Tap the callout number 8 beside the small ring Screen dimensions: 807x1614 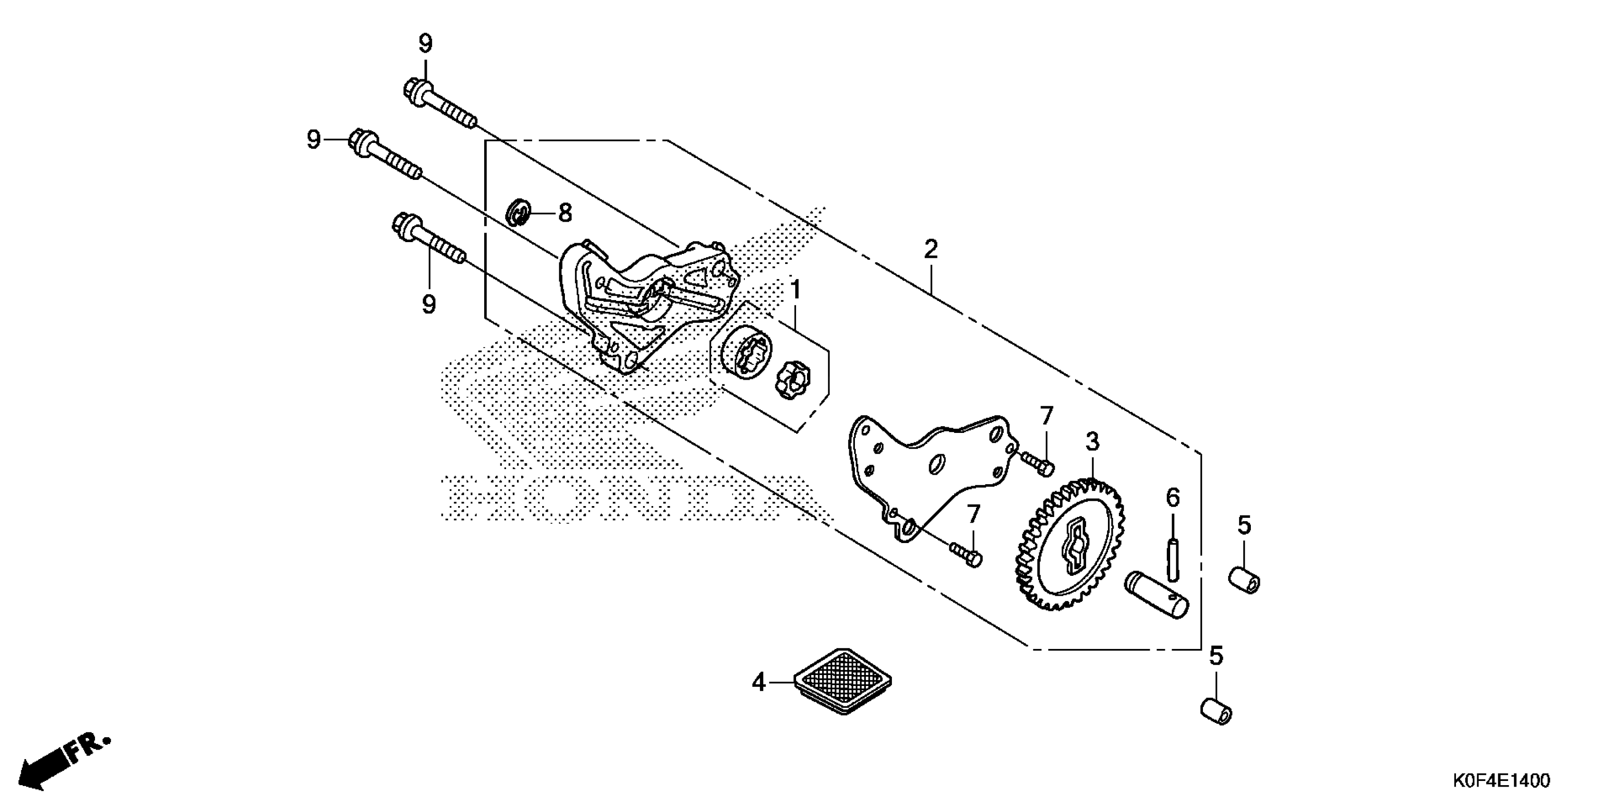tap(564, 214)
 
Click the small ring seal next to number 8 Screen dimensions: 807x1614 tap(519, 212)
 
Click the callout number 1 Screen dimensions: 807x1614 tap(796, 290)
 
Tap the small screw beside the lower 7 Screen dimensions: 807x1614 tap(966, 554)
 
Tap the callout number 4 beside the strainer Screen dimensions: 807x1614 tap(759, 682)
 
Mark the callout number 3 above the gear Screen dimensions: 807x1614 tap(1092, 442)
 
